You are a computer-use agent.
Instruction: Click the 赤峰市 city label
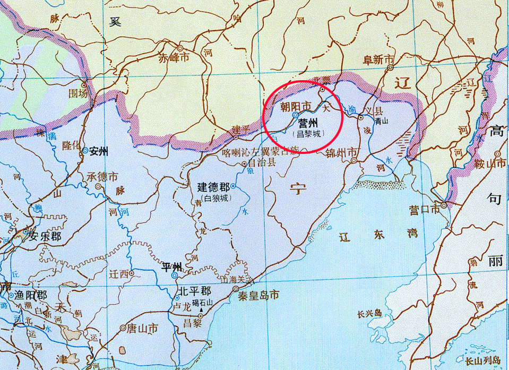click(x=174, y=58)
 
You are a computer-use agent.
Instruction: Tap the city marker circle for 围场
click(x=83, y=84)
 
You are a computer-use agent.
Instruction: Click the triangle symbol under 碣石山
click(x=202, y=309)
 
